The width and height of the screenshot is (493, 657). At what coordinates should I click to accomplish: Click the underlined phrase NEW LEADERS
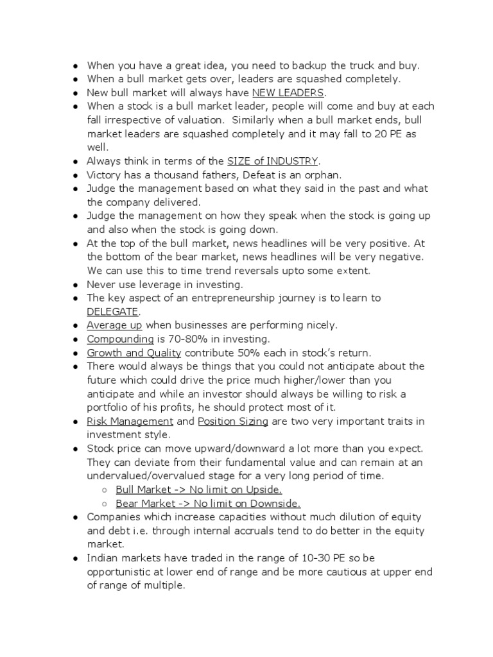click(288, 92)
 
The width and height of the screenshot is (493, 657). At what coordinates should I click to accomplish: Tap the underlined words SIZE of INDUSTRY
click(273, 160)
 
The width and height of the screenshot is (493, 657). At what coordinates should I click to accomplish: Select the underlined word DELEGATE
click(113, 311)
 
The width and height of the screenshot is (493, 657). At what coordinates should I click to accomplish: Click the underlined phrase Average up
click(115, 325)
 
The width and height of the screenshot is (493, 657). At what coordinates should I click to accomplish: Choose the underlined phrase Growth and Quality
click(134, 352)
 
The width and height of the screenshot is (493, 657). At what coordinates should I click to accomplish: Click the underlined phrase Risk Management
click(130, 421)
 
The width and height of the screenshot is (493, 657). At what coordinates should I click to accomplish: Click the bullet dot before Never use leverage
click(76, 284)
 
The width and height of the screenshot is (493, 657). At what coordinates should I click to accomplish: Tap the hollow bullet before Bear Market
click(105, 504)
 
